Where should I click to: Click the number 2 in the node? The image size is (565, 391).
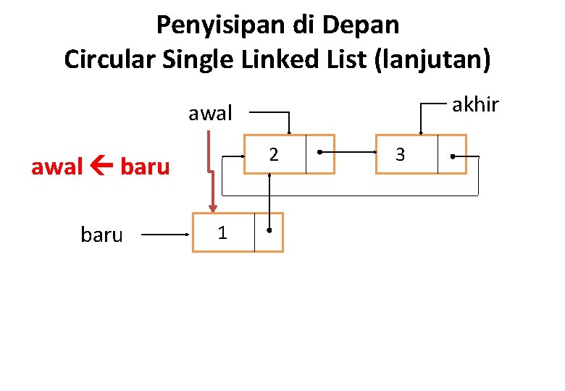tap(273, 154)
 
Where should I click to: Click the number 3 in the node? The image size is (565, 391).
tap(400, 154)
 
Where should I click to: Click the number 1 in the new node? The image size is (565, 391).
tap(222, 232)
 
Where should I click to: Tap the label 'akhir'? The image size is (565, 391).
tap(475, 105)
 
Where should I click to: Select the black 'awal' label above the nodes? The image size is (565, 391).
tap(210, 114)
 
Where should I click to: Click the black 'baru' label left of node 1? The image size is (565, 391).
tap(102, 235)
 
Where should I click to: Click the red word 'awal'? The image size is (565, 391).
tap(57, 167)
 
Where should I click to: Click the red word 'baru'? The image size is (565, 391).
tap(145, 167)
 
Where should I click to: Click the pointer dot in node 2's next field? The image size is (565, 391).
tap(319, 154)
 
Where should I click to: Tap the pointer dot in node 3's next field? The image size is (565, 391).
tap(452, 155)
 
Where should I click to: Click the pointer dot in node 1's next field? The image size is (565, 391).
tap(269, 231)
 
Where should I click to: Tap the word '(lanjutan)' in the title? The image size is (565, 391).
tap(432, 59)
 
